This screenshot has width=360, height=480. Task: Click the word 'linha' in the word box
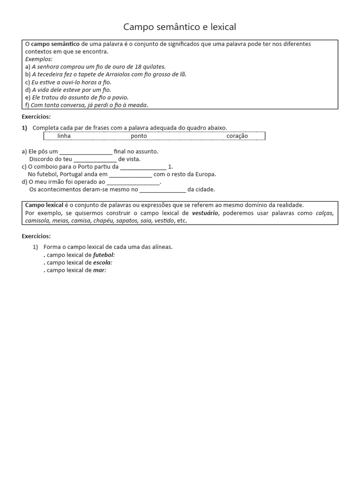[64, 136]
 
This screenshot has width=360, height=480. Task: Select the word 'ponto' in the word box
[139, 136]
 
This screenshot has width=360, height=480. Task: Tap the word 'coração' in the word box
[237, 136]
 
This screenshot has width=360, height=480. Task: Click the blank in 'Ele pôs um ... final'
[86, 152]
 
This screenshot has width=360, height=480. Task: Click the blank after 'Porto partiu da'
[143, 167]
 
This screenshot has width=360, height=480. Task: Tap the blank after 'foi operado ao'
[133, 182]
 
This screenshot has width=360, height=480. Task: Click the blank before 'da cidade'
[163, 189]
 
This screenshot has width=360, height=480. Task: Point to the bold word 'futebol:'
[104, 255]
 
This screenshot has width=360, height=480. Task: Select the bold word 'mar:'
[100, 270]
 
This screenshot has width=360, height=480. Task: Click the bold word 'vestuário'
[205, 213]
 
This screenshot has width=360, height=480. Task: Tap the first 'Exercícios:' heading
[36, 117]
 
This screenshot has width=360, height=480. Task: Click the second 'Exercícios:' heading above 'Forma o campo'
[36, 236]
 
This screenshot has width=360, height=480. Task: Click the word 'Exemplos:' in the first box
[38, 59]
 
